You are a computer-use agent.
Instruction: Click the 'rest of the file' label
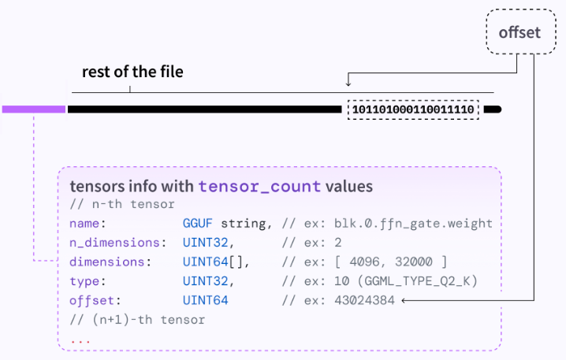point(132,72)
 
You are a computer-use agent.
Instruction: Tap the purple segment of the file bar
point(34,109)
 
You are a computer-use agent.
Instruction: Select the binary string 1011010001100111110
point(413,109)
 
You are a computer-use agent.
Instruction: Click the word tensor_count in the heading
point(259,187)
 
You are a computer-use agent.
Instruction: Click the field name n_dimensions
point(114,243)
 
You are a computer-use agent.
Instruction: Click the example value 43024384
point(364,300)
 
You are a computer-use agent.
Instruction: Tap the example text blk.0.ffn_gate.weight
point(413,224)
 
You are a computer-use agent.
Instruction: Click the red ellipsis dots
point(80,341)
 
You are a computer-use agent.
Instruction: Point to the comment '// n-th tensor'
point(122,205)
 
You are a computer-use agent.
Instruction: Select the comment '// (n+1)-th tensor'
point(137,320)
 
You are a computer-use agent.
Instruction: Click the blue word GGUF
point(197,224)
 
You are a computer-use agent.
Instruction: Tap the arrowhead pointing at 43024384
point(404,300)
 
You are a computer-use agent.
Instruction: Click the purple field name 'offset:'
point(95,300)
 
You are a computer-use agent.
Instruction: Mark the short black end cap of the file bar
point(493,109)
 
